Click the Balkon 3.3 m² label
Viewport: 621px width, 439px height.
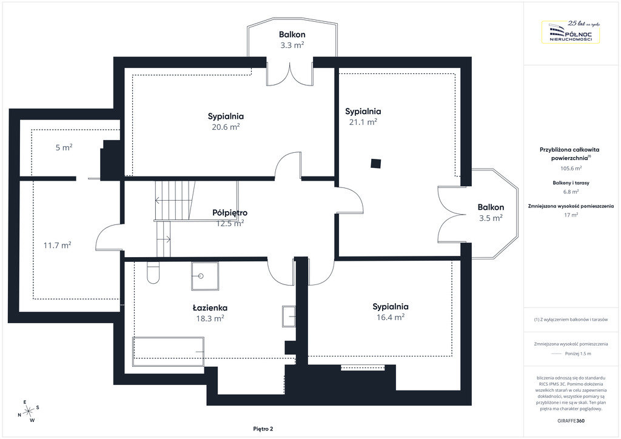(292, 39)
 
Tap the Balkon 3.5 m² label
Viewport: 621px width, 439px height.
(491, 213)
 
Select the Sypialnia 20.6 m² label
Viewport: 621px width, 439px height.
(226, 121)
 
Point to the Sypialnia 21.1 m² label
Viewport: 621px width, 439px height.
(363, 116)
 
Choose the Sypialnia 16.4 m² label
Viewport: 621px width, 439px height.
(390, 312)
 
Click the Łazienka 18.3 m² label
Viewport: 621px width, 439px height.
(210, 313)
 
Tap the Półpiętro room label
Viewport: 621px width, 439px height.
(230, 213)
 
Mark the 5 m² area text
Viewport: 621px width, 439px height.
(64, 147)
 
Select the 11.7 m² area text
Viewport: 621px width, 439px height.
(58, 246)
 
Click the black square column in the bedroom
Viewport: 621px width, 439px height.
(376, 163)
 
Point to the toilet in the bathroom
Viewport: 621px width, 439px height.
(153, 272)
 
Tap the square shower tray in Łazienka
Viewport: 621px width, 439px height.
(205, 276)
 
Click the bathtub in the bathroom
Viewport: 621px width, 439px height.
(169, 352)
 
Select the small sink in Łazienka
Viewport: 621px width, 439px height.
(289, 317)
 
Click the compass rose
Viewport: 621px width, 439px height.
(28, 412)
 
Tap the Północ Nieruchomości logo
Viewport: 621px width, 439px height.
(571, 32)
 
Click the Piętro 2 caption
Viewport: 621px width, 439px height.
(263, 429)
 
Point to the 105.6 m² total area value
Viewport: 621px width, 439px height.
(571, 168)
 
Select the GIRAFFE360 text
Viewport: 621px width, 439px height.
(571, 421)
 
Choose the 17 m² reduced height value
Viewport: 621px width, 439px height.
(571, 215)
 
